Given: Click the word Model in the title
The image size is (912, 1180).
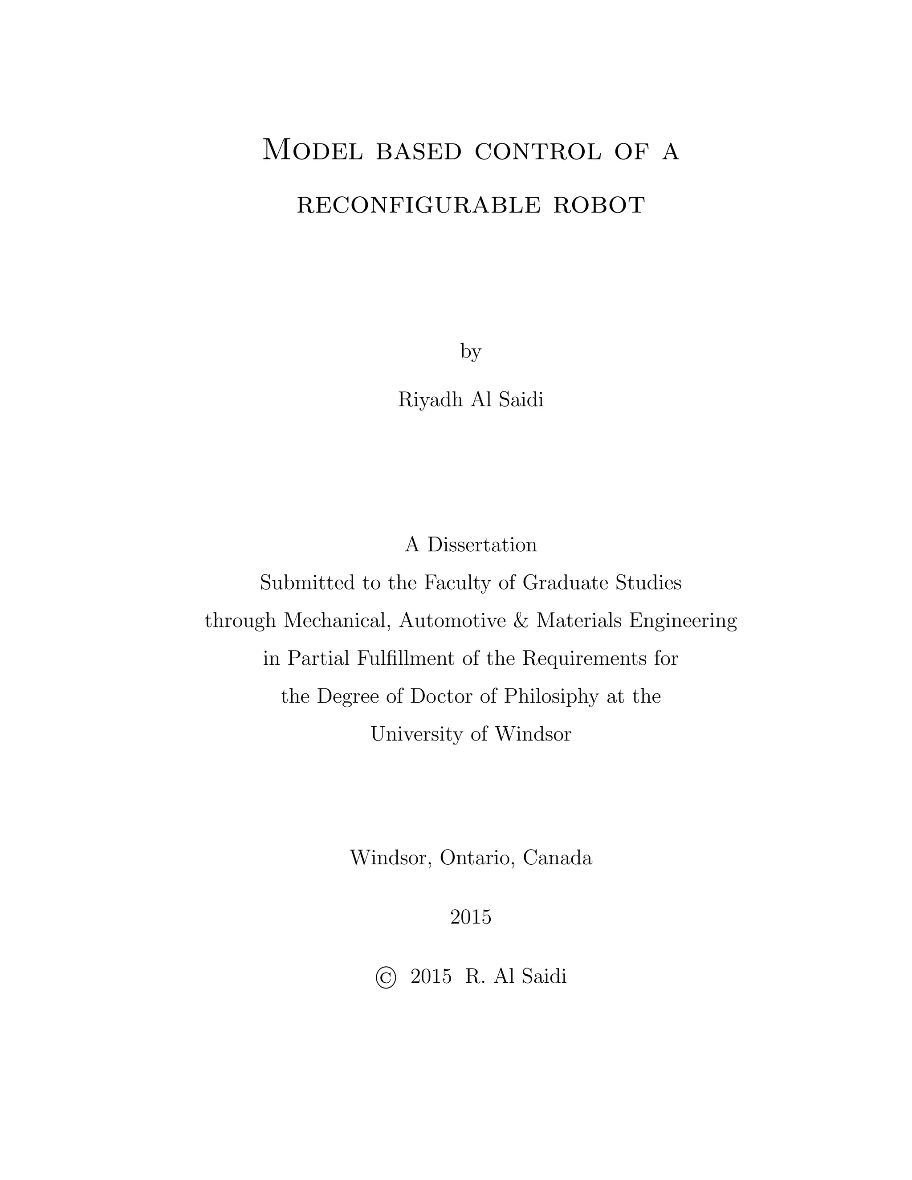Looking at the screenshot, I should coord(312,150).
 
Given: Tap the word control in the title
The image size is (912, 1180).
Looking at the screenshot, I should coord(537,152).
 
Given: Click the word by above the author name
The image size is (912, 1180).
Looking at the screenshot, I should coord(471,352).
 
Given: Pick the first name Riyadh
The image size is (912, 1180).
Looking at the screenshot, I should coord(430,400).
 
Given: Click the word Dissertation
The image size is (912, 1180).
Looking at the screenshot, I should coord(482,545).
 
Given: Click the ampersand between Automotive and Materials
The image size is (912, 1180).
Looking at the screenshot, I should coord(521,621).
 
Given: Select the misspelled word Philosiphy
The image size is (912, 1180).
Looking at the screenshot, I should coord(551,697).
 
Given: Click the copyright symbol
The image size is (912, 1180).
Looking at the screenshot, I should coord(386,977).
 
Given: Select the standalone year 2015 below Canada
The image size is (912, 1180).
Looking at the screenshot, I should coord(471,917).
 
